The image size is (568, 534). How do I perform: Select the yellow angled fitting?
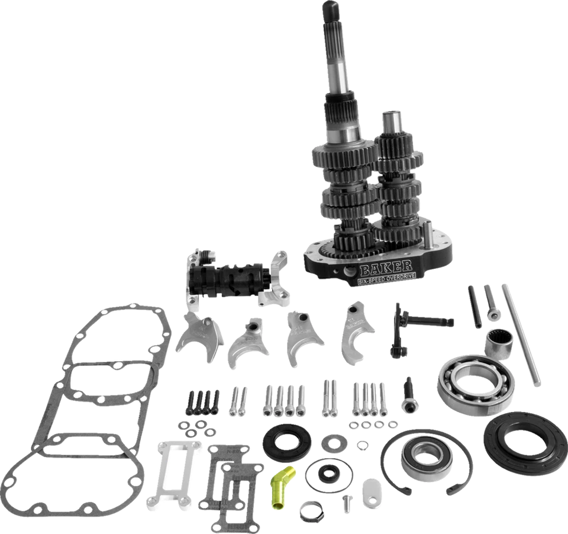tap(280, 484)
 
